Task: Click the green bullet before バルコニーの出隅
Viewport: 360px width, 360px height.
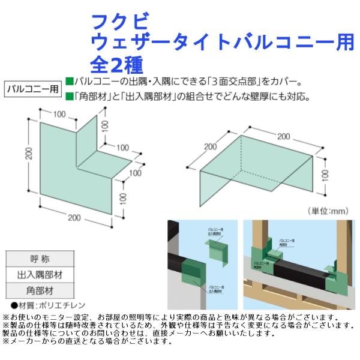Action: pos(69,81)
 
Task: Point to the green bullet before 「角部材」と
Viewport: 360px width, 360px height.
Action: pos(69,97)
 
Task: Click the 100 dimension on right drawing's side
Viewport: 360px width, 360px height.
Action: pos(325,173)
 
